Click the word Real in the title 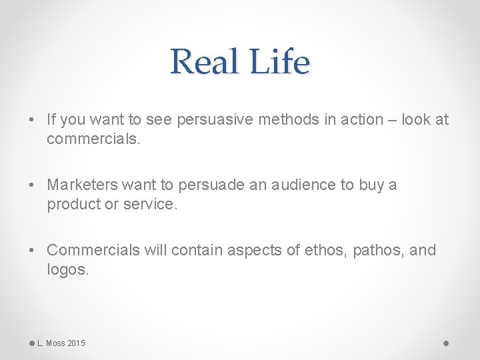(x=204, y=62)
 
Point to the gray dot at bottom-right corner (x=446, y=343)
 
